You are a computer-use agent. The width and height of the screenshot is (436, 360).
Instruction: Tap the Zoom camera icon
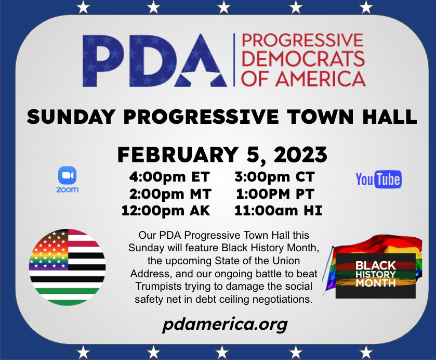(x=68, y=175)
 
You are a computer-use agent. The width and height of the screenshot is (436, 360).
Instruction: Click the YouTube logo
(x=378, y=179)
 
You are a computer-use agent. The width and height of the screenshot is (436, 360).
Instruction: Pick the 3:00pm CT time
(x=274, y=177)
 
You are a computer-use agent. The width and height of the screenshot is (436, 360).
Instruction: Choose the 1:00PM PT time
(x=275, y=194)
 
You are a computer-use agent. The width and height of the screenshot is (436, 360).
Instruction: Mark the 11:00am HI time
(x=278, y=211)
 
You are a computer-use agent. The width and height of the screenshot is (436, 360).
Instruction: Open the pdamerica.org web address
(x=224, y=325)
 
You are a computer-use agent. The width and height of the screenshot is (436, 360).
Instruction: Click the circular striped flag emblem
(x=68, y=267)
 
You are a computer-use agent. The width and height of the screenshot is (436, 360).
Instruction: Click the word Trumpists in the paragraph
(x=161, y=286)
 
